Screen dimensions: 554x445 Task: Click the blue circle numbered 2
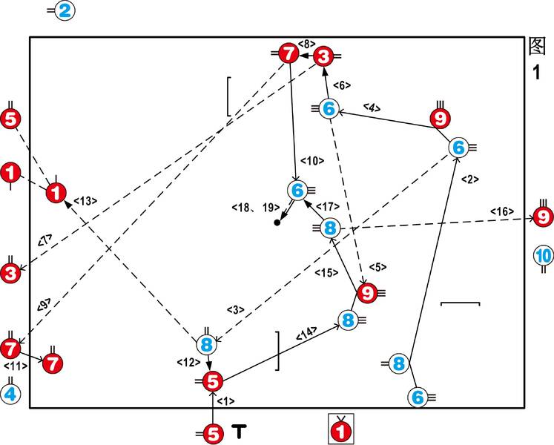[65, 11]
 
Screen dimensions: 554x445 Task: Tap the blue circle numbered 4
[10, 394]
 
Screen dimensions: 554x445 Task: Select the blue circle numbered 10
[544, 255]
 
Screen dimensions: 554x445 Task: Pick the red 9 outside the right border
[544, 217]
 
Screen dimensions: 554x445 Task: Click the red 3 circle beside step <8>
[323, 56]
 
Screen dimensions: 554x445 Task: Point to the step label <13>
[85, 201]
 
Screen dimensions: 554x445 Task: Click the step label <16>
[502, 211]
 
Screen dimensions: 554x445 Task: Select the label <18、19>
[256, 208]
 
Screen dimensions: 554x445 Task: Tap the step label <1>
[225, 401]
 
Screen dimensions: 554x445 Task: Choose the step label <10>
[312, 161]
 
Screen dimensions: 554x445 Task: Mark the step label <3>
[236, 310]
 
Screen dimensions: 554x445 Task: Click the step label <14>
[306, 333]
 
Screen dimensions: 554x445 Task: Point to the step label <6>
[342, 85]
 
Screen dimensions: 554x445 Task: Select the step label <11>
[16, 366]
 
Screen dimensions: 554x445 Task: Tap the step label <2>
[470, 179]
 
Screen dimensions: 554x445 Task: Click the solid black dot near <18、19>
[277, 222]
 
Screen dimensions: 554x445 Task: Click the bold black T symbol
[240, 431]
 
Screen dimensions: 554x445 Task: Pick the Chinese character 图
[537, 46]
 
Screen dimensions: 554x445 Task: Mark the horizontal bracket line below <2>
[461, 303]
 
